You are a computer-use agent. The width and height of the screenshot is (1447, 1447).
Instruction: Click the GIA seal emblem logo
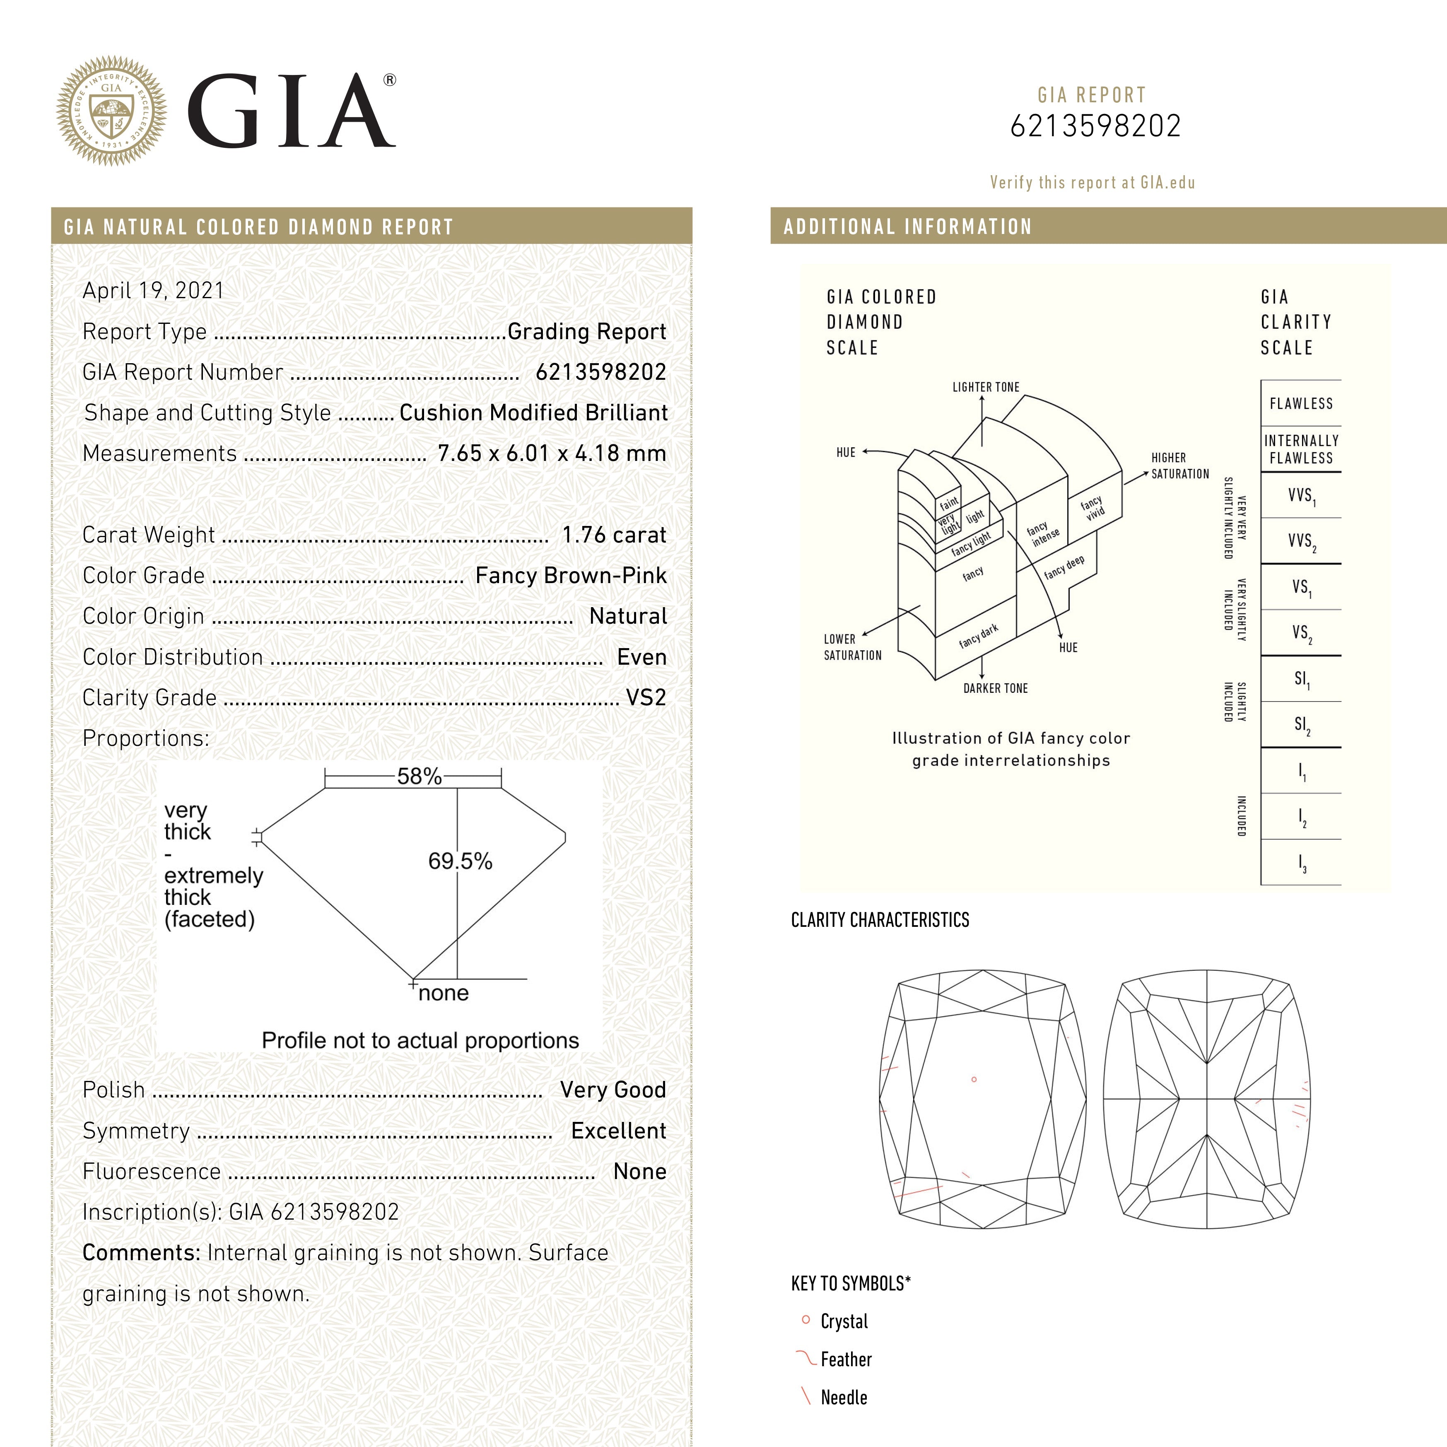111,111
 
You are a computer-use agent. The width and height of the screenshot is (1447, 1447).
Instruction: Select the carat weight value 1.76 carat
613,535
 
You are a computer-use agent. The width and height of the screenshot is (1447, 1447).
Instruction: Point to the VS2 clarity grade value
646,697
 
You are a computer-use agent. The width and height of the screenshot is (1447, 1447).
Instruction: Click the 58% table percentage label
419,776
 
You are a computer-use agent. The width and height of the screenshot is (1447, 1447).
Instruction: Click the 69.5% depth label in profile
460,861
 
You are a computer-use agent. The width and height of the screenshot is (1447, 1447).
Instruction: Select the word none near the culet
444,993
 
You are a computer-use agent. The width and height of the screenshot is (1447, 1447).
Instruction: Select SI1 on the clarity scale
1302,679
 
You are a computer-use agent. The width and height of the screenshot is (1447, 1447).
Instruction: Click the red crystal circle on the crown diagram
974,1079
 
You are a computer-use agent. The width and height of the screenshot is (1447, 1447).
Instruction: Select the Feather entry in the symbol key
846,1359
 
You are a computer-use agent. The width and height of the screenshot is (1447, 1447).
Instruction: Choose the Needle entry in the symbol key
843,1398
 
